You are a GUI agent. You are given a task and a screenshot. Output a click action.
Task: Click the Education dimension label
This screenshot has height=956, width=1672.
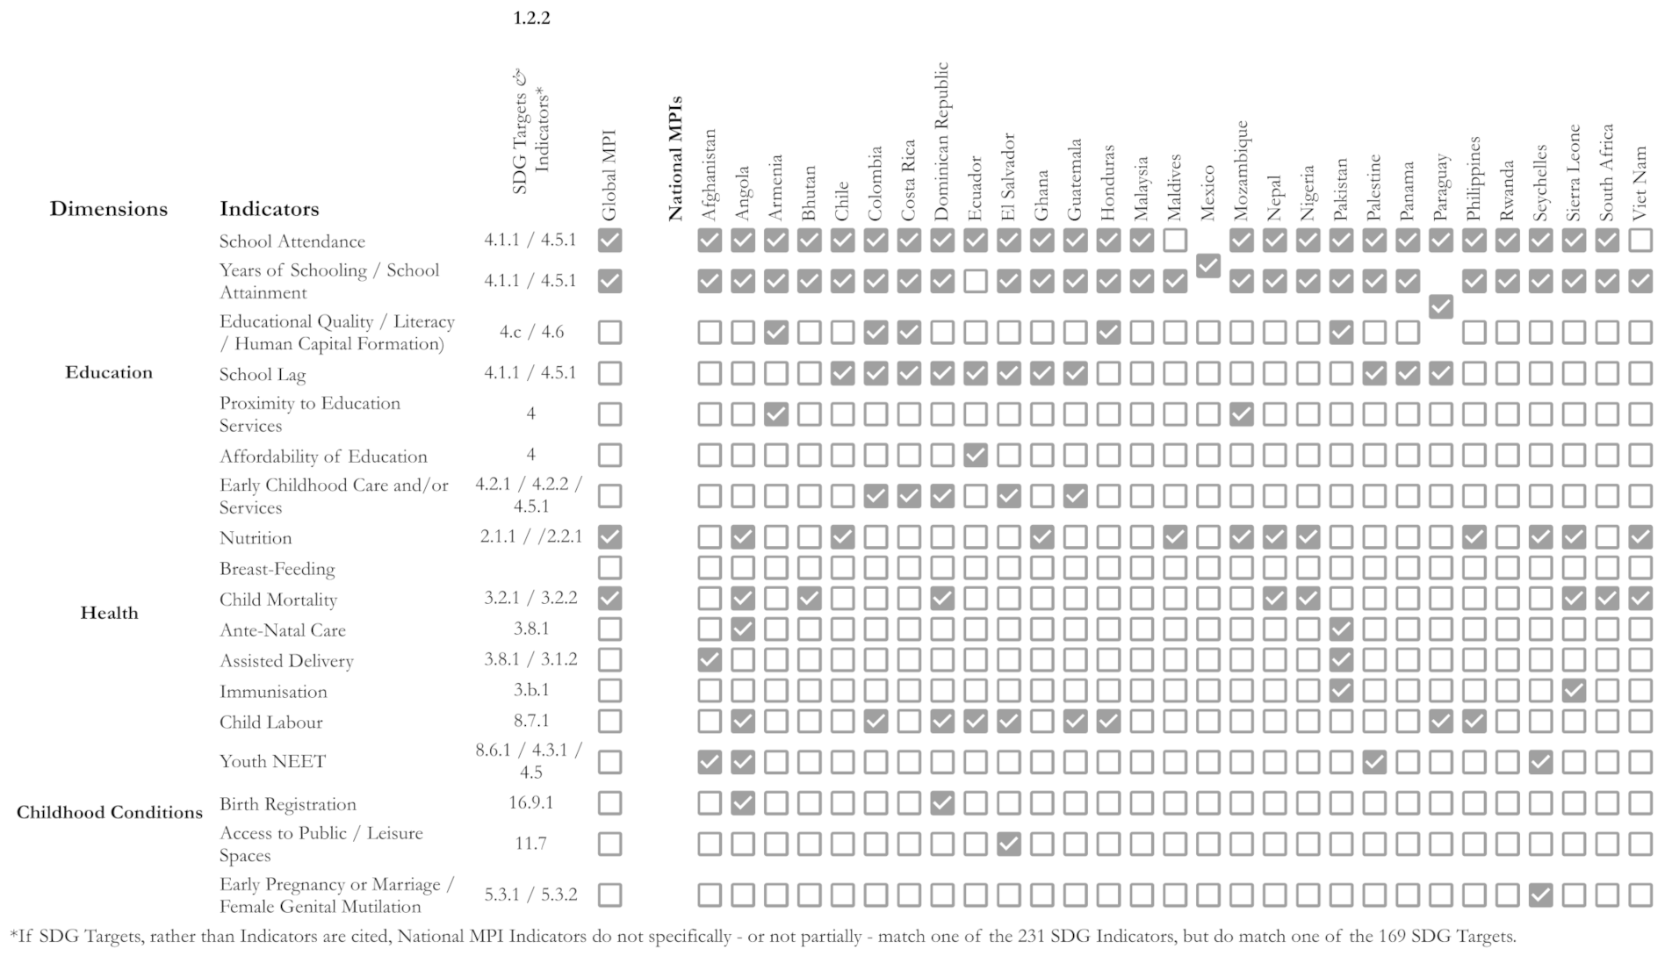pos(109,372)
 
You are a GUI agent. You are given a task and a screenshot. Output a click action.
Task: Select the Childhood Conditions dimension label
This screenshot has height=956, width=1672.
pos(110,812)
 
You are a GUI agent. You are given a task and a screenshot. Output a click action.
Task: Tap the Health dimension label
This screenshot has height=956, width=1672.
pos(109,613)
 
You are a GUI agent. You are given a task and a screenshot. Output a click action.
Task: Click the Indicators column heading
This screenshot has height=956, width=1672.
pos(269,209)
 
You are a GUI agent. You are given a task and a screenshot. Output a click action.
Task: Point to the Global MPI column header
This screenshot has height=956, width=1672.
pos(609,176)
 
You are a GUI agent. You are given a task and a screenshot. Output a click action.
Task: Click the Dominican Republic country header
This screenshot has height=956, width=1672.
pos(941,140)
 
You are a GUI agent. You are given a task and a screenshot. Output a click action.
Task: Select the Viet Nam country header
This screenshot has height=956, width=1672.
pos(1640,183)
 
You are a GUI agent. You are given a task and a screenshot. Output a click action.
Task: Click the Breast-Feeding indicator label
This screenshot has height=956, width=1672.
pos(277,569)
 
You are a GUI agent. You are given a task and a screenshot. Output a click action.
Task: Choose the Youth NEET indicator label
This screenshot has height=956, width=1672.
pos(272,761)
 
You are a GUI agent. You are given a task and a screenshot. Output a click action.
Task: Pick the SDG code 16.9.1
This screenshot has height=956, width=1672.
pos(530,802)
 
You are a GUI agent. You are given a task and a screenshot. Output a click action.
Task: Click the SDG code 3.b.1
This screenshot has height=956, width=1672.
pos(530,690)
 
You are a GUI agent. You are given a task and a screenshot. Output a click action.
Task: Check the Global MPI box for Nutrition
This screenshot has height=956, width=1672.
pos(609,536)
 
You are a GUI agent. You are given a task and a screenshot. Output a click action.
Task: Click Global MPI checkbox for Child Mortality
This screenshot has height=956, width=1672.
pos(609,599)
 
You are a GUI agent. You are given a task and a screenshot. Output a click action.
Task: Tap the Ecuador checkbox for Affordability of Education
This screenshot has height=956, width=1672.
pos(975,455)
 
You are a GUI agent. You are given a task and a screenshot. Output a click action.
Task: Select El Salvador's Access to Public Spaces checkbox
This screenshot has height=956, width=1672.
pos(1008,844)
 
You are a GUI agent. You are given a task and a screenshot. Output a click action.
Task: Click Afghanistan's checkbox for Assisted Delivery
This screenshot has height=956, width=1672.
pos(710,659)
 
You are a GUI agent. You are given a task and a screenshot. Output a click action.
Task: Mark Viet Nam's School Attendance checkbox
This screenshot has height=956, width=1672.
pos(1640,240)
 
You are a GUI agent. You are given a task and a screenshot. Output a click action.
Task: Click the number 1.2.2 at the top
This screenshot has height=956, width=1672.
pos(531,18)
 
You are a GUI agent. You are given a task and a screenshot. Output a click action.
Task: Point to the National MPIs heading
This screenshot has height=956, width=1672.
pos(675,158)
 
